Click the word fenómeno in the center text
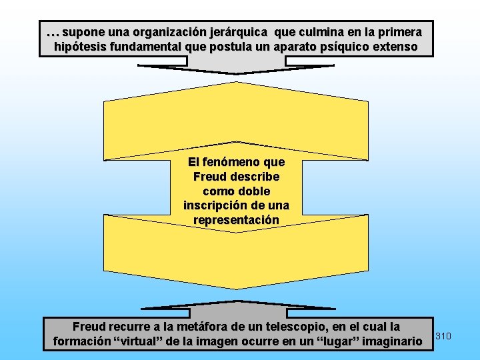click(x=233, y=162)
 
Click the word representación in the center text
click(x=236, y=220)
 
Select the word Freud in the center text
click(x=209, y=177)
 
